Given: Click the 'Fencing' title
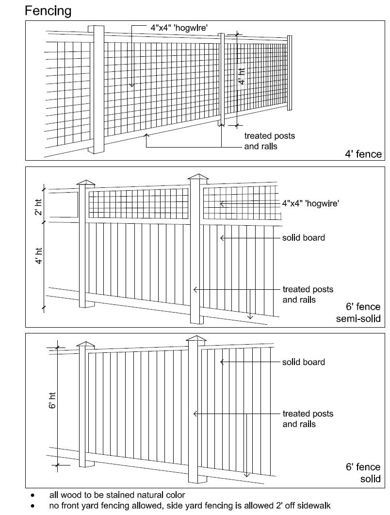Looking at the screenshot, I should (x=48, y=11).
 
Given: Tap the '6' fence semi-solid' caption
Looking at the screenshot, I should (x=358, y=313).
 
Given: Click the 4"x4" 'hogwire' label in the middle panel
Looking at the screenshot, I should (x=310, y=204).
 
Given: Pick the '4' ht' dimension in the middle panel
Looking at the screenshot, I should (x=40, y=255).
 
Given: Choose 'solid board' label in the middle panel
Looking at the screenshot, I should (x=304, y=238).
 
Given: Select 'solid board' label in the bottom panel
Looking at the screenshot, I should (x=304, y=362).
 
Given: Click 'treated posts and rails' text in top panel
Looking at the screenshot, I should (x=269, y=141).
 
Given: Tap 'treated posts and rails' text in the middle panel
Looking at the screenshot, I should (x=308, y=295).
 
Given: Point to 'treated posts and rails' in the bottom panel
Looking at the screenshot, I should (x=308, y=419).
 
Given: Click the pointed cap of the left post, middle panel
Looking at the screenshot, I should (x=86, y=183).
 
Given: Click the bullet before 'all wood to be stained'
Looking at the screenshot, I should (x=32, y=496).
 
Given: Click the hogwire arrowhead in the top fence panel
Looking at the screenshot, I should (x=131, y=85).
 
